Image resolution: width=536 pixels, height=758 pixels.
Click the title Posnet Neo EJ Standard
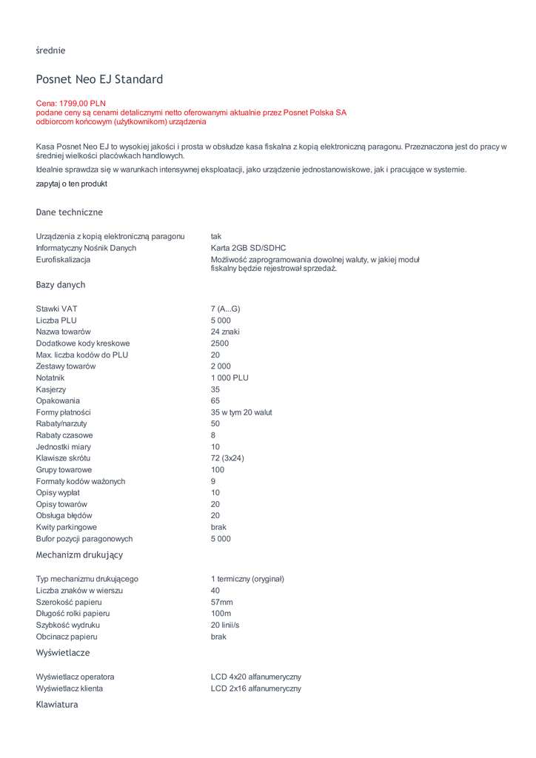(x=99, y=79)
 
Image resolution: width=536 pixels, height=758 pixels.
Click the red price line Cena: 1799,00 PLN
(x=71, y=104)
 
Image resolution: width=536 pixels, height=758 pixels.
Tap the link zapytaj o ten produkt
(x=71, y=184)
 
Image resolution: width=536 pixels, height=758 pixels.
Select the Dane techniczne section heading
(x=70, y=212)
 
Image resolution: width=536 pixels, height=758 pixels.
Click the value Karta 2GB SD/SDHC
(x=248, y=248)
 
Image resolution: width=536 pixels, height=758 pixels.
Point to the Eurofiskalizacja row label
(x=63, y=260)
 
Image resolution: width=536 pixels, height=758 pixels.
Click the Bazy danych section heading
(x=61, y=285)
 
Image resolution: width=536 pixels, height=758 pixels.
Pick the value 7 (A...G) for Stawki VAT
(x=225, y=309)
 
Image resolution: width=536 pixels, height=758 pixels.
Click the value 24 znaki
(x=225, y=332)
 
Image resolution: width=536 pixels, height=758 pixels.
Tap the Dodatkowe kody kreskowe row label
(x=83, y=343)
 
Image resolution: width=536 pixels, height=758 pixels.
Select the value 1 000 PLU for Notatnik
(x=230, y=378)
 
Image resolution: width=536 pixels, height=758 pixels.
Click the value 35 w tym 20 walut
(x=241, y=412)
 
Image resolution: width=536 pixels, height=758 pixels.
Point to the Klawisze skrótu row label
(x=63, y=458)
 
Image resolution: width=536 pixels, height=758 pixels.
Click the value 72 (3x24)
(x=227, y=458)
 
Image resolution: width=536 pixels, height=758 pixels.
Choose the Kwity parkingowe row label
(x=66, y=527)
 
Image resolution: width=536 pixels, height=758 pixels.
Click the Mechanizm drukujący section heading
(x=79, y=554)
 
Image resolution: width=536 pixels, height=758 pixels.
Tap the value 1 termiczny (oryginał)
(x=247, y=579)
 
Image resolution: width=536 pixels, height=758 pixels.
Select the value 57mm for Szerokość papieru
(x=221, y=602)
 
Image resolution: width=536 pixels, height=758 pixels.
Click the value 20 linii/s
(x=225, y=625)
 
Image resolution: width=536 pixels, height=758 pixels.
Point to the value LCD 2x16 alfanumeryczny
(x=256, y=688)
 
